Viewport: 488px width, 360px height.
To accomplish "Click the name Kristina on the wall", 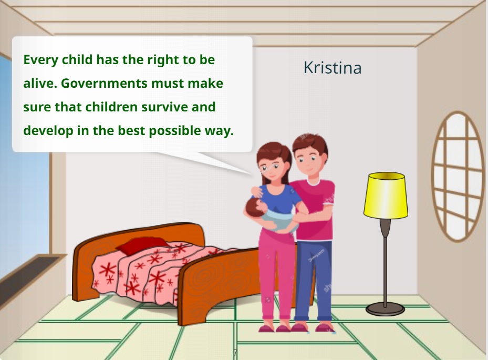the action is pos(333,68).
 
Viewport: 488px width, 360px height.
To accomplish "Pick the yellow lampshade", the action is pos(386,196).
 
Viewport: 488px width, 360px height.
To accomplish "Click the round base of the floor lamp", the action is pos(385,309).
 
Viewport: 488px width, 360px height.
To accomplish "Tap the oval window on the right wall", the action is pos(457,177).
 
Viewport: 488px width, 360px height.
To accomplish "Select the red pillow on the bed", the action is pos(142,245).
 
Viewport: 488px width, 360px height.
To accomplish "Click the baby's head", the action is pos(254,207).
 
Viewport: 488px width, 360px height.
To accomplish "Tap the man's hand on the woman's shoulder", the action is pos(257,192).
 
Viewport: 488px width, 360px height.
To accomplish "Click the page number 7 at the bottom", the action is pos(235,353).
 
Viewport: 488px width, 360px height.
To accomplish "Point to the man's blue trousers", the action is pos(313,280).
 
